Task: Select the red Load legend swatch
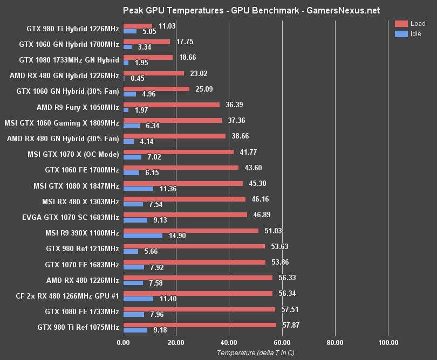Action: [x=401, y=24]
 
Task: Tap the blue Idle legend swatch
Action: [x=401, y=34]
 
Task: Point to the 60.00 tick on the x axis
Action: [x=282, y=342]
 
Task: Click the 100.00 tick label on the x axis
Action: [x=388, y=342]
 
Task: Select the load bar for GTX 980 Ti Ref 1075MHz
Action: [x=200, y=325]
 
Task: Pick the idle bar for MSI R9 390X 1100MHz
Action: [x=143, y=236]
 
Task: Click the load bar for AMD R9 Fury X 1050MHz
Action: [x=172, y=105]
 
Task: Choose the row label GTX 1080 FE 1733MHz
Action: [x=82, y=311]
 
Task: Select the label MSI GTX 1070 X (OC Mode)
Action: [x=73, y=155]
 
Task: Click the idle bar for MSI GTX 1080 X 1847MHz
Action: [x=138, y=189]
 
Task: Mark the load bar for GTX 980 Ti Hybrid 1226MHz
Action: [x=138, y=26]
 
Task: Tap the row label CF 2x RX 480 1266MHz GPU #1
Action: [x=67, y=296]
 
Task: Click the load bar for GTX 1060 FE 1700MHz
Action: [x=181, y=168]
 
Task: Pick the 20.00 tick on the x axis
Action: [x=176, y=342]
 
